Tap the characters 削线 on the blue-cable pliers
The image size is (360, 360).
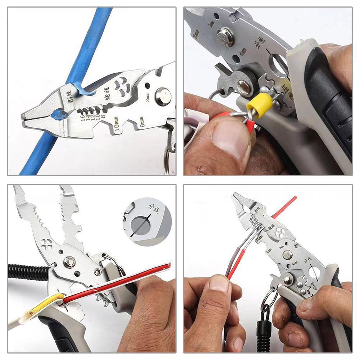click(x=67, y=96)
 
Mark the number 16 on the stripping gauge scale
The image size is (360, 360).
click(x=83, y=117)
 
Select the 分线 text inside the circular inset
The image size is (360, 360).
click(x=154, y=208)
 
